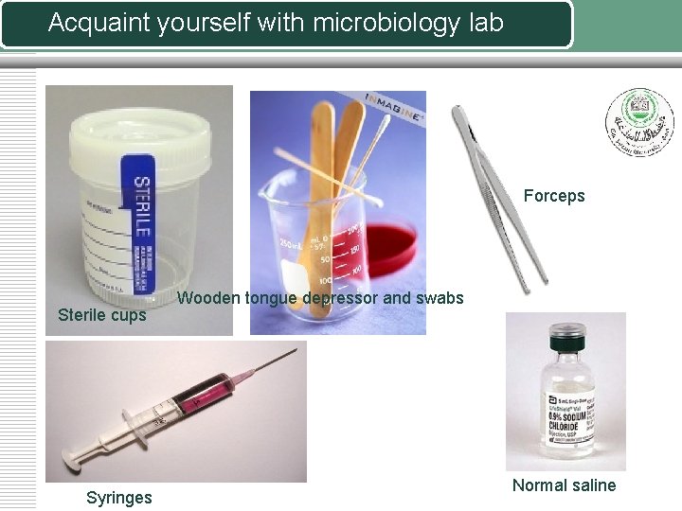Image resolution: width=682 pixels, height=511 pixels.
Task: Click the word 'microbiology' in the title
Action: point(363,23)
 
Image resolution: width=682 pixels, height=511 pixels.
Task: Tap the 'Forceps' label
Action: point(554,197)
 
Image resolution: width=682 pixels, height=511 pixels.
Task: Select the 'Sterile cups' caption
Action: point(102,315)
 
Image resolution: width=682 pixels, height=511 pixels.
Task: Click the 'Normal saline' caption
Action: point(564,485)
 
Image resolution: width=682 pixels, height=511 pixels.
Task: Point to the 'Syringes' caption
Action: point(118,498)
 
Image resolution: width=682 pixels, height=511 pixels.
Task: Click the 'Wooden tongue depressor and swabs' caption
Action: point(321,298)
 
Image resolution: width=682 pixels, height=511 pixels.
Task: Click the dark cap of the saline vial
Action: point(565,332)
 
